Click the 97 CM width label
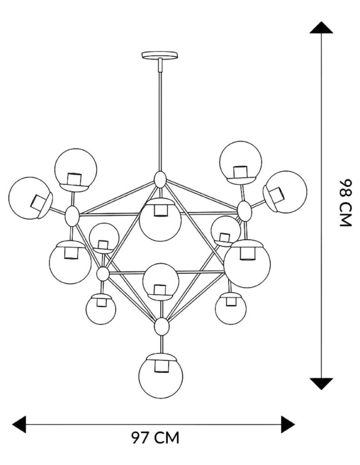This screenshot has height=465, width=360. pos(155,438)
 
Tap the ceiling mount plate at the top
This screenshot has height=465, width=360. pos(160,55)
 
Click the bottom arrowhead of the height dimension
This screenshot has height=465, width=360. pos(322,384)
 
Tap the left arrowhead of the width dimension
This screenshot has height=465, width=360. pos(19,424)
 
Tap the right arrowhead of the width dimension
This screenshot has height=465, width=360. pos(288,424)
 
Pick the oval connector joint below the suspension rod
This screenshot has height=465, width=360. pos(160,179)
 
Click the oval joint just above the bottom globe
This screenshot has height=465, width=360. pos(161,326)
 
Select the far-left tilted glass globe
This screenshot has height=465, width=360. pos(30,198)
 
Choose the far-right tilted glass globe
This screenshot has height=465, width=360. pos(286,191)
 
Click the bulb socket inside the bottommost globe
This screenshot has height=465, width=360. pos(160,366)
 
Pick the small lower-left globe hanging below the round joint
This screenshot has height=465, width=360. pos(100,309)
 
